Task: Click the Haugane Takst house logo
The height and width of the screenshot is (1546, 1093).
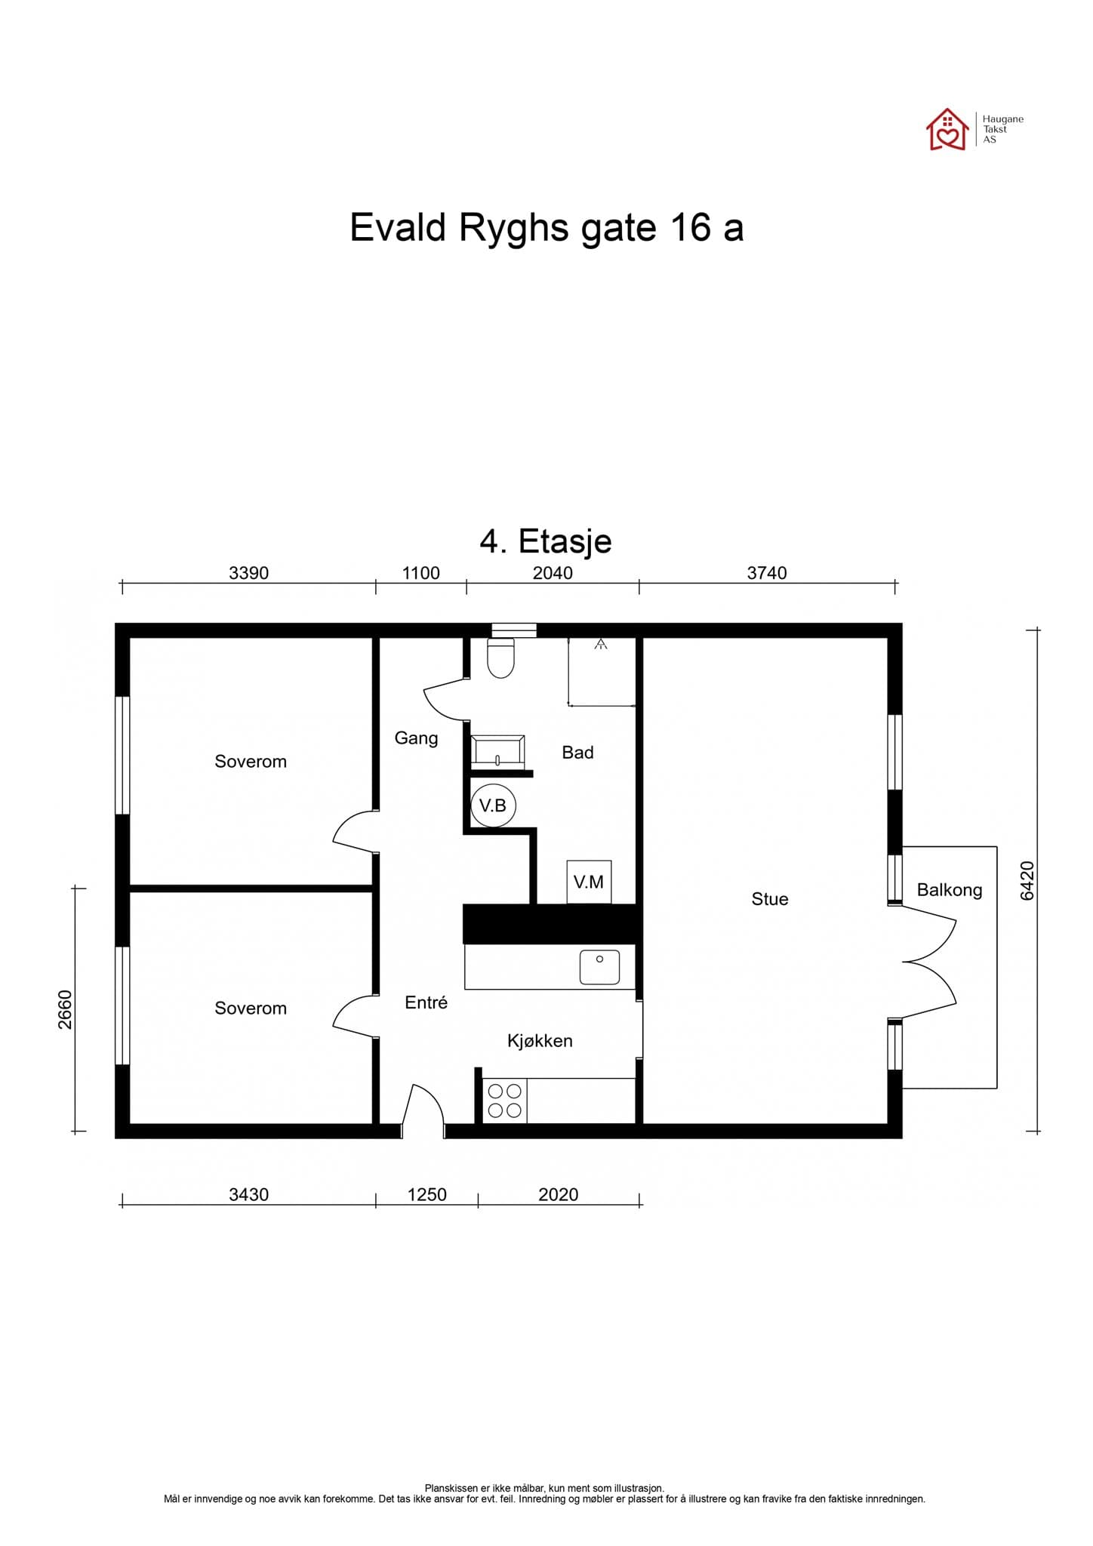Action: (x=947, y=130)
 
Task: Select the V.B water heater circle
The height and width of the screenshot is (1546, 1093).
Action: (x=493, y=805)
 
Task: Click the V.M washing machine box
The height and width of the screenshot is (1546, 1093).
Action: (x=589, y=881)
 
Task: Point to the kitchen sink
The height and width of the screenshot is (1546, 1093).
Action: (x=599, y=968)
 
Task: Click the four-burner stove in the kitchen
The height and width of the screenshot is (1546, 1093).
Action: (x=504, y=1101)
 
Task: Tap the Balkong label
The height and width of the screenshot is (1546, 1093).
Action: (x=949, y=890)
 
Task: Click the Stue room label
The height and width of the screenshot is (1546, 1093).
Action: (x=769, y=899)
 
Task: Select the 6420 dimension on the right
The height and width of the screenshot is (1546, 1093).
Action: (x=1027, y=880)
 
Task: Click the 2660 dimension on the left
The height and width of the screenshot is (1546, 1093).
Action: (x=66, y=1009)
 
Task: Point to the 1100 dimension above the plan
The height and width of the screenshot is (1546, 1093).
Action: (x=420, y=573)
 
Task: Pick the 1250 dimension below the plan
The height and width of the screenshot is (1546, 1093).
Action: (x=426, y=1195)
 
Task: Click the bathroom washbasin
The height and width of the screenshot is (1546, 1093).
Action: (x=497, y=752)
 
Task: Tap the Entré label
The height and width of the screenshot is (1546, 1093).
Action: (x=426, y=1002)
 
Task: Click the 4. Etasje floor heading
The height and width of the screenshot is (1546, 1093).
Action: (x=546, y=541)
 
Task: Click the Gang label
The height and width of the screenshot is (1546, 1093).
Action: (x=416, y=738)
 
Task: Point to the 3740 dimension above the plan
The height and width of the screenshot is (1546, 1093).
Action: (x=767, y=573)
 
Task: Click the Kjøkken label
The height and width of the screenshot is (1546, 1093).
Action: (x=540, y=1041)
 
